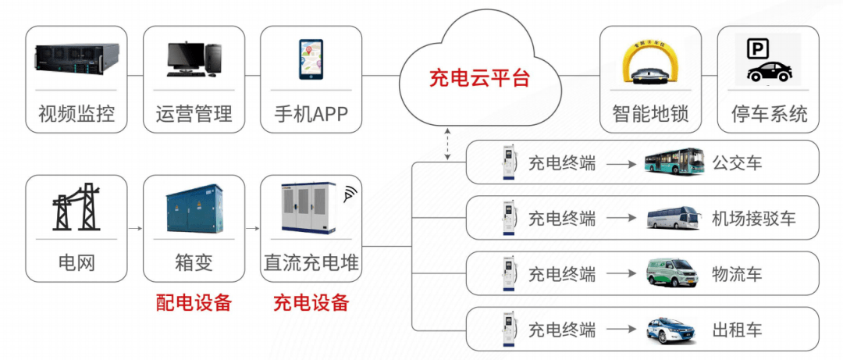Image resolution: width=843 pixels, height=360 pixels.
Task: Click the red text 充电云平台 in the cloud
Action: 479,78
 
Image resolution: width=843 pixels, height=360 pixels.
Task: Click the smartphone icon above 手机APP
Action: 310,59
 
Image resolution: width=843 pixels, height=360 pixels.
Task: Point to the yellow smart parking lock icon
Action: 647,63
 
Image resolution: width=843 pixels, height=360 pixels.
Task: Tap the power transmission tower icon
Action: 76,207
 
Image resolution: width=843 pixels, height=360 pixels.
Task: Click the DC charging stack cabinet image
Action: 308,209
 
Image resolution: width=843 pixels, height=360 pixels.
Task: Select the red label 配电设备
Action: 194,303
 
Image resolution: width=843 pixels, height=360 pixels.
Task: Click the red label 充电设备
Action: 311,303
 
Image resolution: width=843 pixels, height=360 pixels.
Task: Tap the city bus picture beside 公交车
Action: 674,163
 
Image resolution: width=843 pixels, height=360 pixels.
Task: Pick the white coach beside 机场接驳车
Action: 674,219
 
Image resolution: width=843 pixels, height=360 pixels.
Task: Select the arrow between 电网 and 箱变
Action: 134,228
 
